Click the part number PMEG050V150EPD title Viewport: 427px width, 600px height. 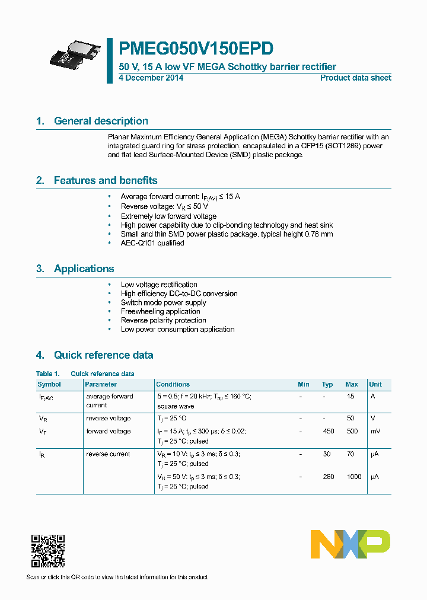[196, 49]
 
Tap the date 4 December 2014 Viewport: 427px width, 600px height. [151, 78]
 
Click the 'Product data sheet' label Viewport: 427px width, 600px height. [355, 78]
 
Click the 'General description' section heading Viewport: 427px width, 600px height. [101, 121]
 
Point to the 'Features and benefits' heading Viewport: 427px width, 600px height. [105, 180]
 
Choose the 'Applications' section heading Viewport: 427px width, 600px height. [84, 269]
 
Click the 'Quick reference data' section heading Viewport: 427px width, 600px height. [103, 355]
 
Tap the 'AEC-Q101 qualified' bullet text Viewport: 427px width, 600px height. [152, 243]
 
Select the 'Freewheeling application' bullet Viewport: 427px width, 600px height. [160, 311]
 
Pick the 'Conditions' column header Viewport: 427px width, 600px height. [173, 384]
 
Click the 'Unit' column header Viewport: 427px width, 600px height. [375, 384]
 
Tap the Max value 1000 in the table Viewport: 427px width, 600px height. [353, 477]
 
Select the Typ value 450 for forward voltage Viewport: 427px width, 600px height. [328, 431]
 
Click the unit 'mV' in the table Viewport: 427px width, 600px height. [375, 431]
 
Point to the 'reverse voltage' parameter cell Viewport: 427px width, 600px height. [109, 419]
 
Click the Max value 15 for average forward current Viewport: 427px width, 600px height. [351, 396]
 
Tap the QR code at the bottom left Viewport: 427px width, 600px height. [47, 551]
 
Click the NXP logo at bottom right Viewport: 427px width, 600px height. [350, 544]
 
